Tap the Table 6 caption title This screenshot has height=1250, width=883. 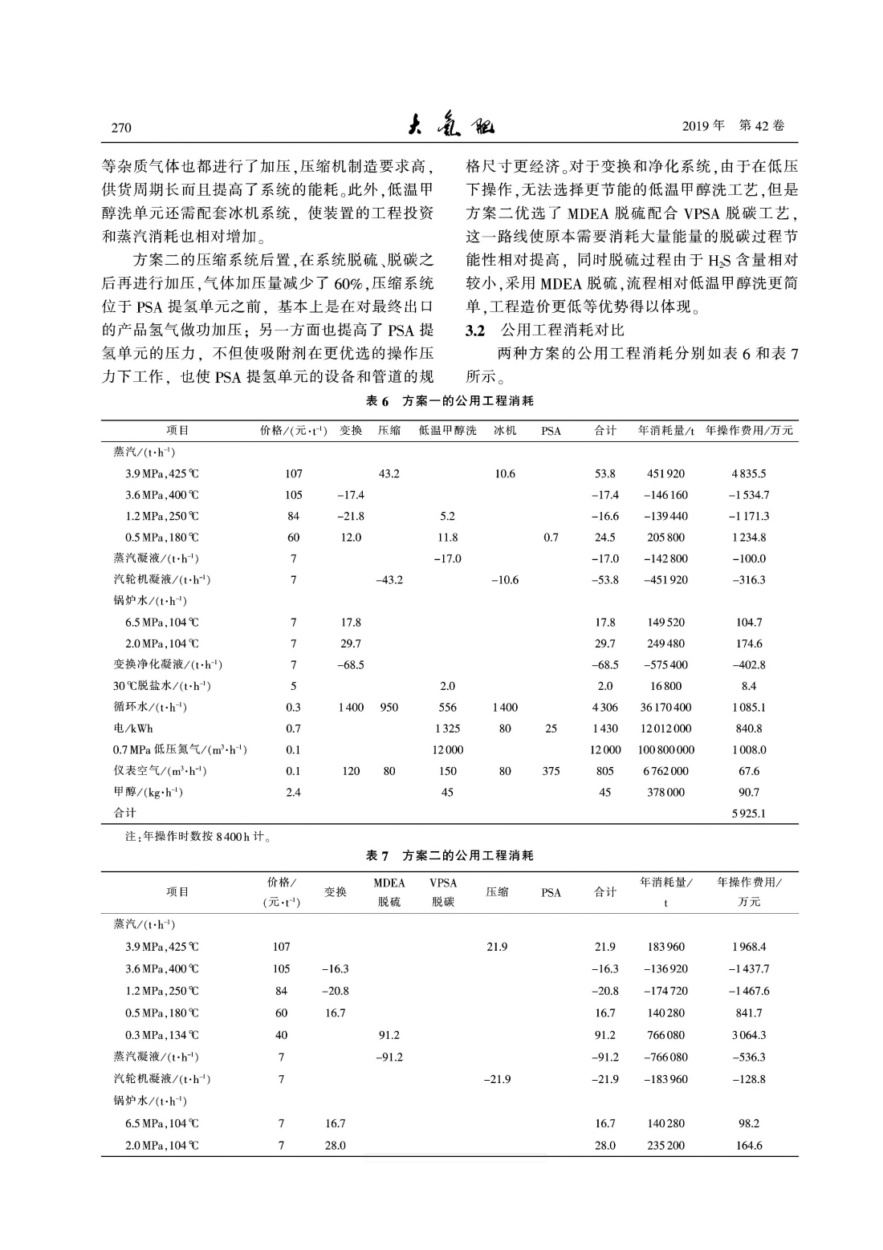click(450, 400)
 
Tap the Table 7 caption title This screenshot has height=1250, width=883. click(450, 856)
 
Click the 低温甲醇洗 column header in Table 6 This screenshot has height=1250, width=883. click(447, 431)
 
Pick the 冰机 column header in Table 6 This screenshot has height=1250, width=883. click(505, 431)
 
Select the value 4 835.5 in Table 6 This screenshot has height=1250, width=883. click(748, 474)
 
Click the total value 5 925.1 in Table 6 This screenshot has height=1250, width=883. click(748, 814)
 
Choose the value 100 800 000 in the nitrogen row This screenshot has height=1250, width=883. click(665, 750)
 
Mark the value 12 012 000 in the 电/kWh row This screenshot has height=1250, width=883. click(665, 729)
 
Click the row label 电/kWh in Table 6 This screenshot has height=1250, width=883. click(133, 729)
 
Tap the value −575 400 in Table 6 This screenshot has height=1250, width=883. click(665, 665)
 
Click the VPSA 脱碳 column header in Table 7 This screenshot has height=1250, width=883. click(443, 892)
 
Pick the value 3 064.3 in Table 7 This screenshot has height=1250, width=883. click(748, 1036)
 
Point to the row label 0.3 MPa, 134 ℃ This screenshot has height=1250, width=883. click(162, 1036)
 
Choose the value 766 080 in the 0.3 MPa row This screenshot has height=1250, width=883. click(665, 1036)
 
